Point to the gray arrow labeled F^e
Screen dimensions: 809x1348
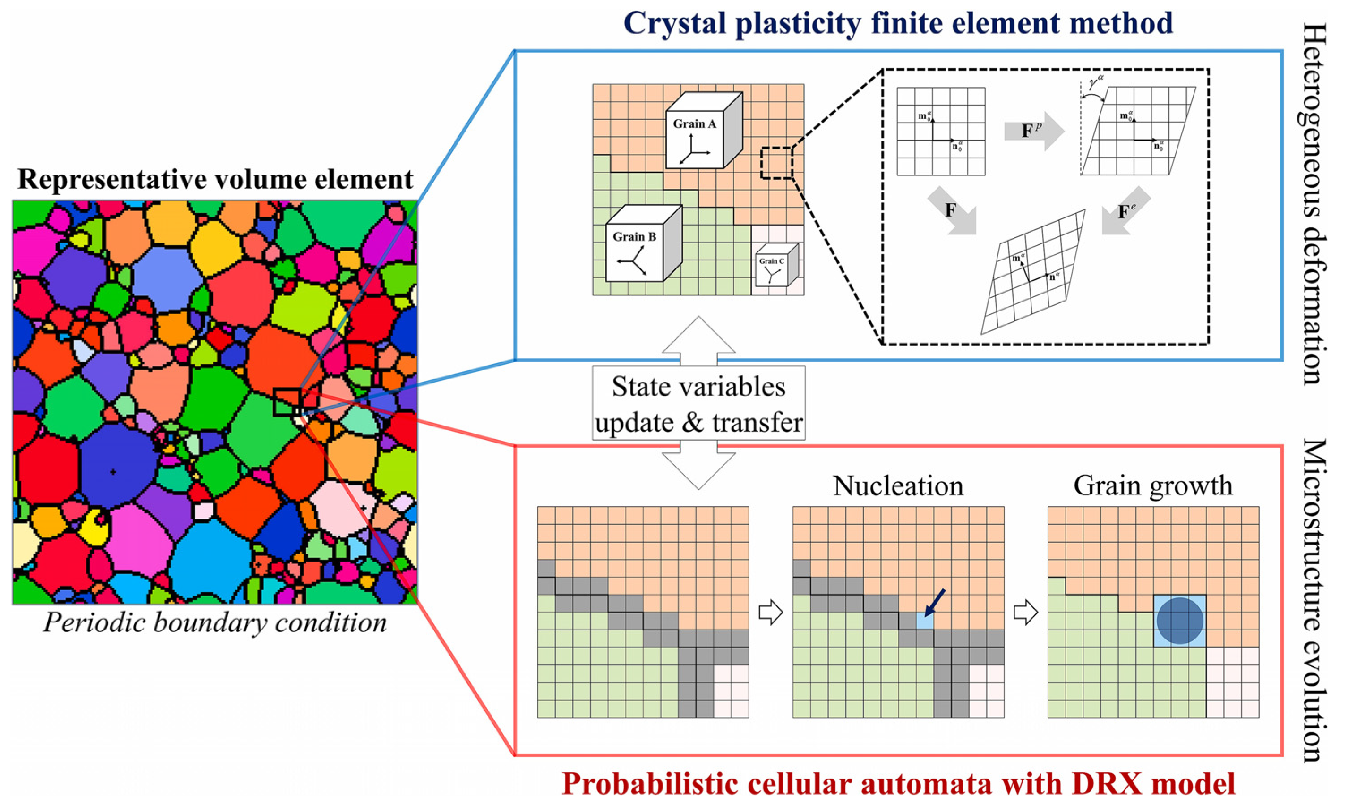pyautogui.click(x=1125, y=212)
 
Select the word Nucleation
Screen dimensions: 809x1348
pyautogui.click(x=898, y=486)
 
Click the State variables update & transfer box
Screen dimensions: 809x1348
pyautogui.click(x=698, y=404)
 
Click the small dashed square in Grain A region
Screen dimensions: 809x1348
pyautogui.click(x=776, y=162)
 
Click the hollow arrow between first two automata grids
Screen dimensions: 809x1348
pyautogui.click(x=770, y=613)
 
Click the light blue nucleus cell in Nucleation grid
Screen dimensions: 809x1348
pyautogui.click(x=925, y=621)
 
